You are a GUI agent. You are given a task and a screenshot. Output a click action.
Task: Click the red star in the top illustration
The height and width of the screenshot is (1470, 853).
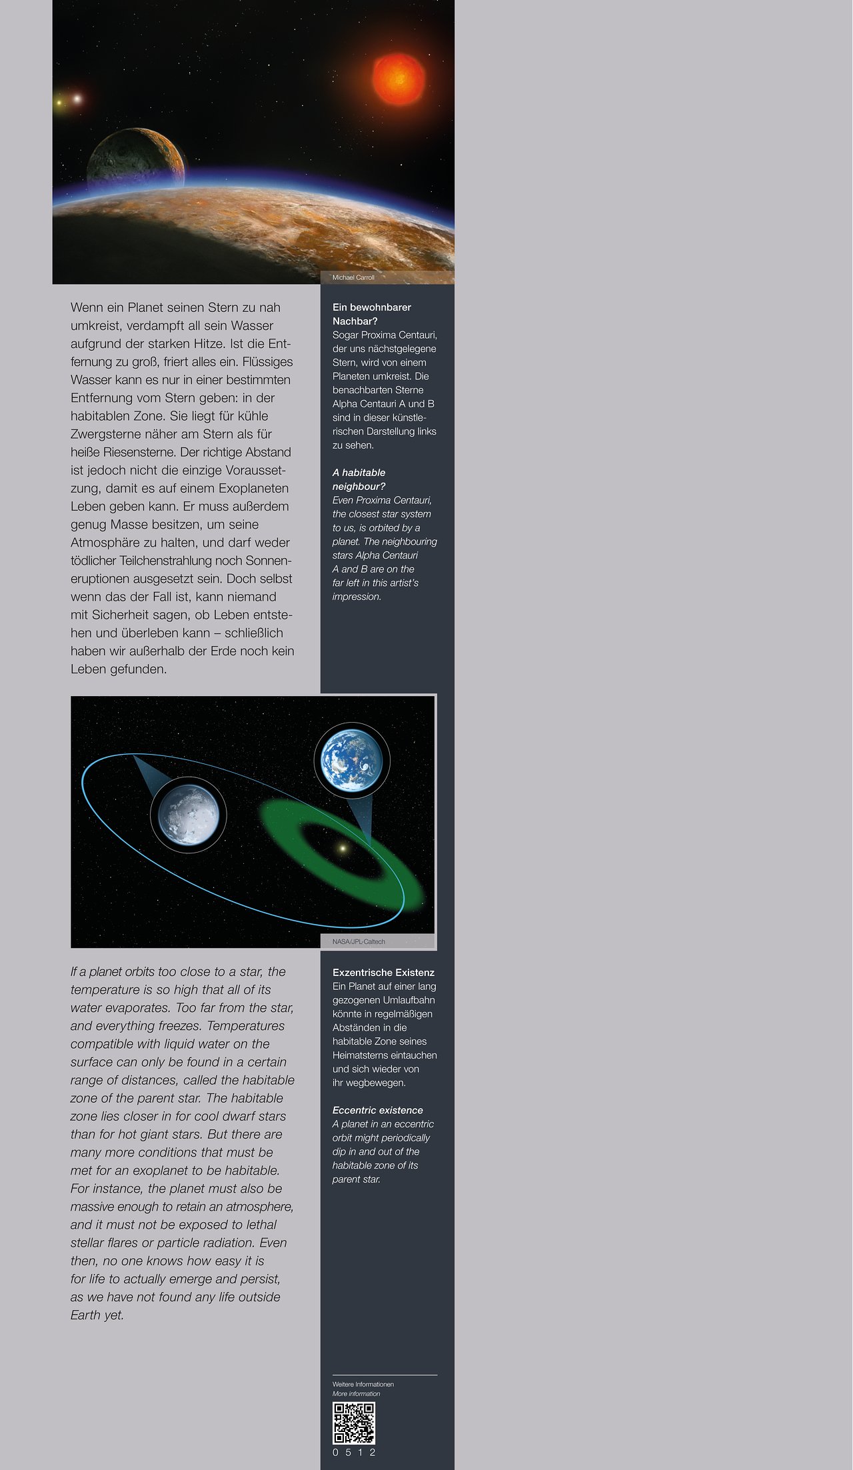click(x=399, y=79)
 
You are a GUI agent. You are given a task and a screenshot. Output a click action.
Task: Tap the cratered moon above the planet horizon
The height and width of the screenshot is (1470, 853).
click(x=136, y=159)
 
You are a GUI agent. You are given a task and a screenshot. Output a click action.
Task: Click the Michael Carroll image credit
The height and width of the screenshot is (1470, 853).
click(x=353, y=277)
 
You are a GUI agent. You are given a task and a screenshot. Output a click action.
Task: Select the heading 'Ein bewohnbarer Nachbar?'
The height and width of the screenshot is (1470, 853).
click(x=372, y=314)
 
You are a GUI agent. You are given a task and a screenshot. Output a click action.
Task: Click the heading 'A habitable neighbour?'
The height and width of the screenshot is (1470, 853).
click(x=359, y=479)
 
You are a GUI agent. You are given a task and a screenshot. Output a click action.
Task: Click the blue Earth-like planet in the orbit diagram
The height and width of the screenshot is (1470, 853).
click(x=352, y=760)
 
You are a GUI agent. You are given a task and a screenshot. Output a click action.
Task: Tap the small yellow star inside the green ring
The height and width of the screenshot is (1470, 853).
click(x=343, y=849)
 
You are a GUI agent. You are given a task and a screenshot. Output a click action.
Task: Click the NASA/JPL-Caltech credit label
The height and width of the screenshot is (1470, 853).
click(x=359, y=941)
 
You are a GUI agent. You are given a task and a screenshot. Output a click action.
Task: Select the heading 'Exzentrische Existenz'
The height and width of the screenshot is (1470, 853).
click(x=383, y=973)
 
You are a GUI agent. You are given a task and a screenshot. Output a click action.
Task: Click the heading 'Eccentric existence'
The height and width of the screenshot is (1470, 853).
click(x=377, y=1110)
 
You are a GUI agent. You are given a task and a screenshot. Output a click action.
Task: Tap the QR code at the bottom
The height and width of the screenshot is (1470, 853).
click(x=354, y=1423)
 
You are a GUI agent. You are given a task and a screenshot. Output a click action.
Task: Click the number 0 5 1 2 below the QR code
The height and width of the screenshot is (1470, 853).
click(x=354, y=1452)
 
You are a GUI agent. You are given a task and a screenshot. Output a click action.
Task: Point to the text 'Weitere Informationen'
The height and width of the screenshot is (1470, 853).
click(x=363, y=1384)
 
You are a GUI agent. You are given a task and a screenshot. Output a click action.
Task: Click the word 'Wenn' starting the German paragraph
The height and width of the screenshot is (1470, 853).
click(x=87, y=307)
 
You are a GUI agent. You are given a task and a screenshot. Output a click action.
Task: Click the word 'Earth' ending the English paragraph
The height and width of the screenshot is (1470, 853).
click(x=85, y=1315)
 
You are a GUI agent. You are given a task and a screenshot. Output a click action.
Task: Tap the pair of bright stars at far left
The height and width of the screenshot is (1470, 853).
click(x=69, y=101)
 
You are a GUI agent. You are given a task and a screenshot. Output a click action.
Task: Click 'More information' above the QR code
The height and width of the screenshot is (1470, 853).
click(x=356, y=1393)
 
